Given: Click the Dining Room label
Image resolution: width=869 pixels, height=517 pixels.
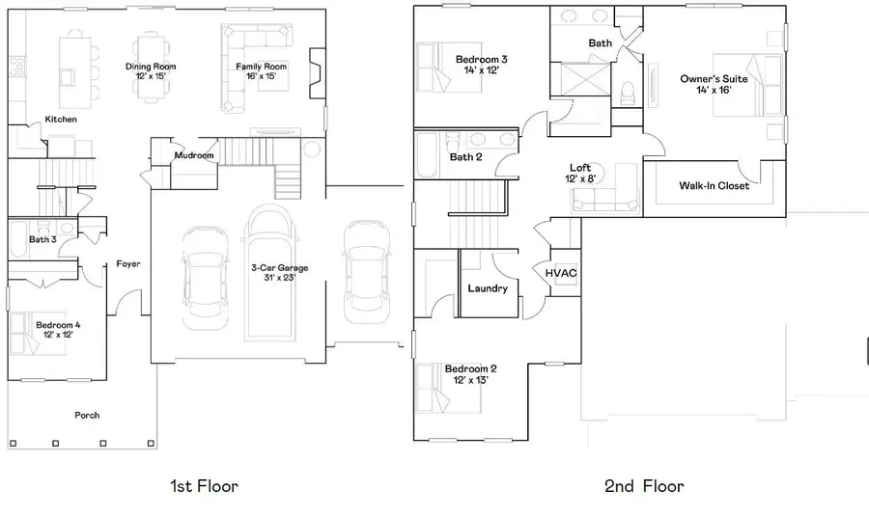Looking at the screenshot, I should coord(151,71).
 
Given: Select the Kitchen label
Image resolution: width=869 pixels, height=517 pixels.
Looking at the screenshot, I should coord(61,120).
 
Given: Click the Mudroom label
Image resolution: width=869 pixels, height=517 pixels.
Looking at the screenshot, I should coord(193,155).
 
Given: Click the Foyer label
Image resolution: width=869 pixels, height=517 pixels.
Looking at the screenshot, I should coord(128,263).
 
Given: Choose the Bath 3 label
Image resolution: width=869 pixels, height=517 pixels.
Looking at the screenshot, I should coord(42,239).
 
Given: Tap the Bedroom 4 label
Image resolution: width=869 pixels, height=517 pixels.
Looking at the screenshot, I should coord(58,330).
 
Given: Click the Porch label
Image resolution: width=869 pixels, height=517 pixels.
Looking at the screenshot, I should coord(88,415).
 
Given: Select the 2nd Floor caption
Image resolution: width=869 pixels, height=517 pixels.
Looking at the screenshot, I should coord(644,485).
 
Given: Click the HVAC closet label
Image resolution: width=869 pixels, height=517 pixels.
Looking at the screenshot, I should coord(561,273).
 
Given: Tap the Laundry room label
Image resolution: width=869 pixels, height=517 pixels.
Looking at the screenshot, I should coord(488,287).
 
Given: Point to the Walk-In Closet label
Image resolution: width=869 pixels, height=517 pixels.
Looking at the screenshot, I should coord(714,185).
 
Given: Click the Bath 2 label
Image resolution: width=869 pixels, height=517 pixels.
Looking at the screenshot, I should coord(465,156).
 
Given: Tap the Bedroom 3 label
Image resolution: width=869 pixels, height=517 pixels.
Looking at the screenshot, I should coord(481,65).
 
